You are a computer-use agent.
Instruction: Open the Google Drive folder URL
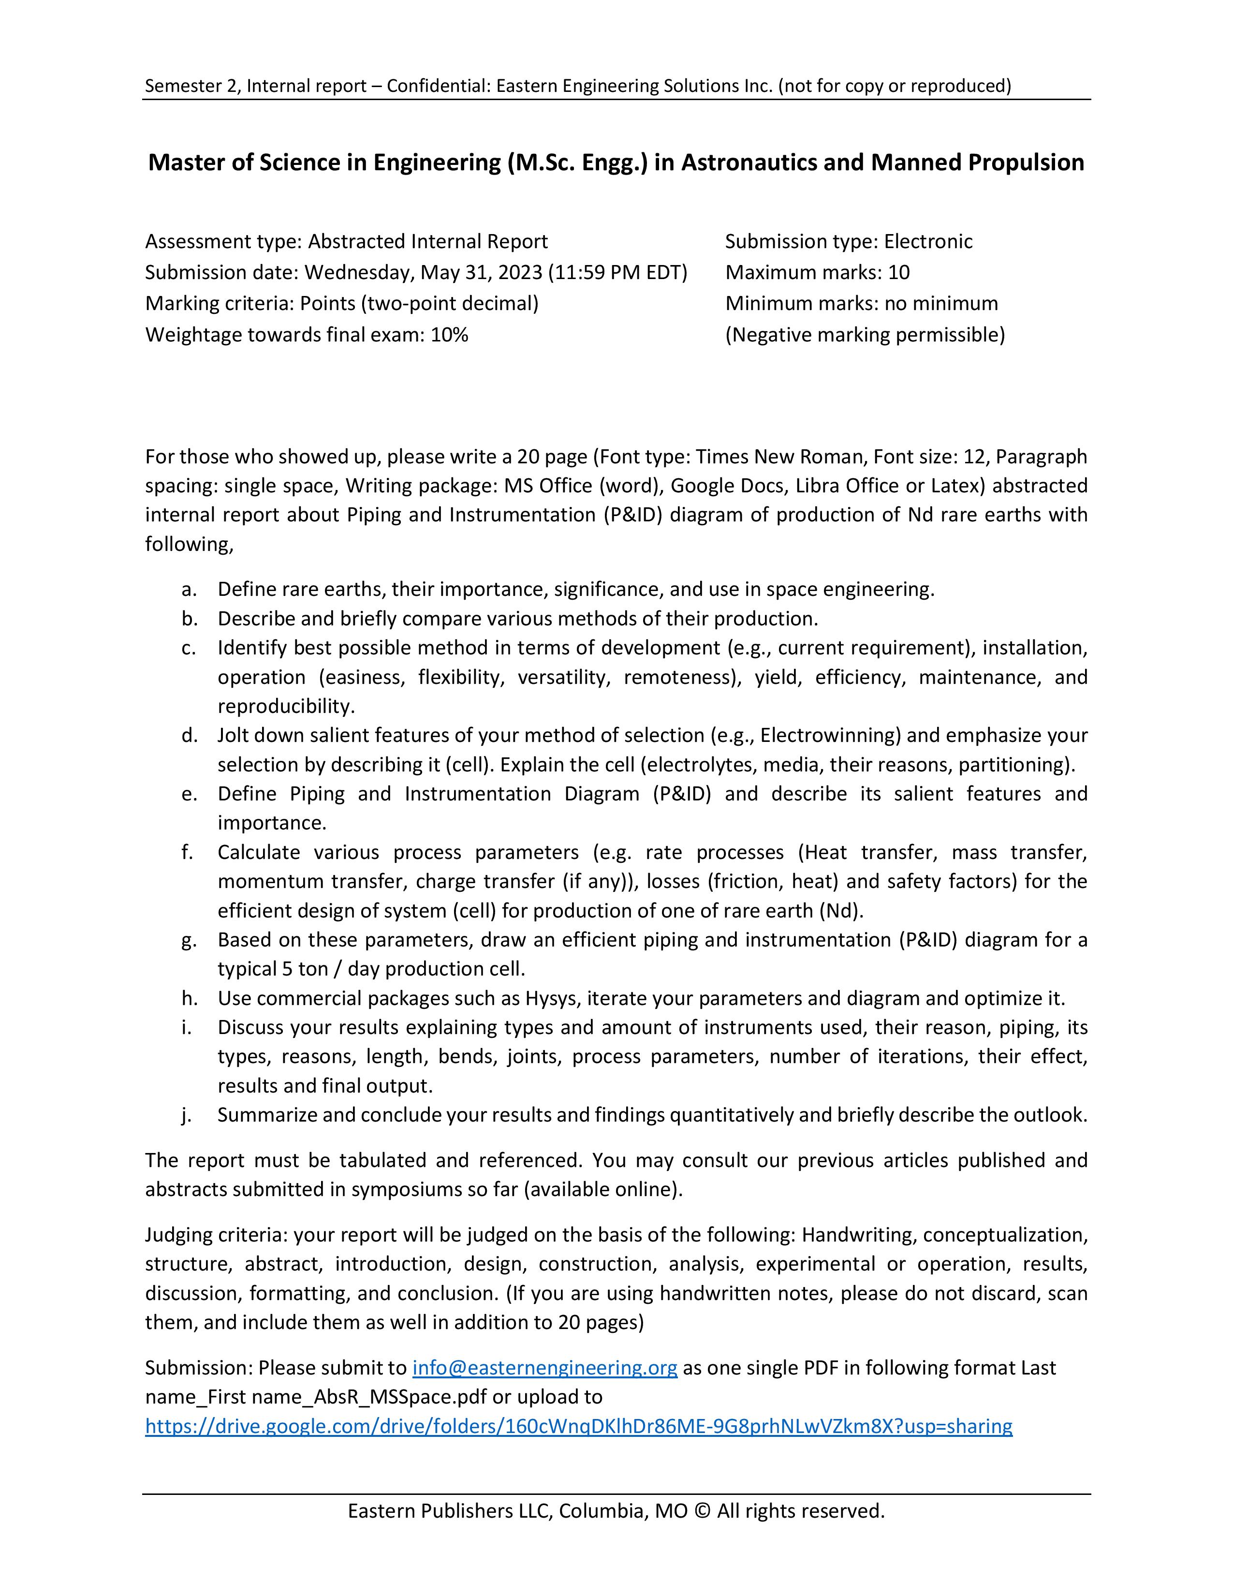click(578, 1426)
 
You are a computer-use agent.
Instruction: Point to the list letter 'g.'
click(189, 939)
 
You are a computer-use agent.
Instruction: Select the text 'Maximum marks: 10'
click(817, 273)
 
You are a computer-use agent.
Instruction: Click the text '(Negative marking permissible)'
click(865, 335)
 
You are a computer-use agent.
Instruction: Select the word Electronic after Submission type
click(928, 241)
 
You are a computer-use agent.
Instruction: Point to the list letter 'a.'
click(189, 589)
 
